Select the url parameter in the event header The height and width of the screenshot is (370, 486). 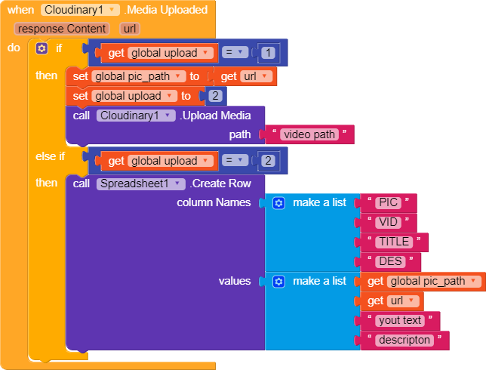(130, 29)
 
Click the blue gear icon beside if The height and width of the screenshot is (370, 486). (42, 48)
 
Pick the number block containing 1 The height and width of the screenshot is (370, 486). (269, 53)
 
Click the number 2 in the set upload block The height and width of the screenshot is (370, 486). (214, 96)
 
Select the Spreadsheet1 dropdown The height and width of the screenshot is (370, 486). (141, 183)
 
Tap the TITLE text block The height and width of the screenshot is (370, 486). (393, 242)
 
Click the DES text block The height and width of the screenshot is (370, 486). (389, 261)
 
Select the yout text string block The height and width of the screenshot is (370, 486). (399, 320)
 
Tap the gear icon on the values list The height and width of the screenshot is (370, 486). (278, 281)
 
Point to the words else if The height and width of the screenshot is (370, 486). (51, 156)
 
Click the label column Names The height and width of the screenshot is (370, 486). (214, 202)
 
